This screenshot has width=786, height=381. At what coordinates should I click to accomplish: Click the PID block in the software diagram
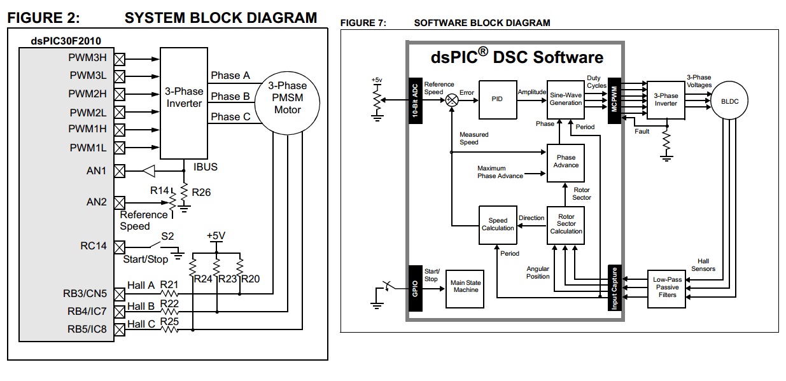pos(497,99)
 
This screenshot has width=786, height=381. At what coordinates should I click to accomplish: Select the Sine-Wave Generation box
pos(566,99)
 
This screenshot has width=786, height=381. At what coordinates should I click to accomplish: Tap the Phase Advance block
pos(566,162)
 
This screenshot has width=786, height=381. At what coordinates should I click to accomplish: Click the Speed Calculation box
pos(497,225)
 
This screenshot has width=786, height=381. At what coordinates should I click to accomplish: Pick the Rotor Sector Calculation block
pos(566,225)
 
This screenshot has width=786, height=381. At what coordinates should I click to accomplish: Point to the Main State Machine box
pos(465,286)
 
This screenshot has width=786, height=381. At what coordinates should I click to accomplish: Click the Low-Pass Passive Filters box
pos(666,287)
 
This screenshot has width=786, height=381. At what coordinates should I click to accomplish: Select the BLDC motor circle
pos(729,101)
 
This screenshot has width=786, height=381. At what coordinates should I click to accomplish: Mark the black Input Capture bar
pos(615,287)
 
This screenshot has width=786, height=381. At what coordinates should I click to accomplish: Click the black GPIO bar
pos(415,287)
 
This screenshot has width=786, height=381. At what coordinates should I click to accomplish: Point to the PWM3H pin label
pos(88,57)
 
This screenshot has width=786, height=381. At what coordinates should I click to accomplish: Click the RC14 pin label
pos(94,246)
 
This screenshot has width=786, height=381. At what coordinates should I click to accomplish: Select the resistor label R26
pos(200,192)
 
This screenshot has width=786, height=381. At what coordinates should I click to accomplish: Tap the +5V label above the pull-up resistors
pos(216,235)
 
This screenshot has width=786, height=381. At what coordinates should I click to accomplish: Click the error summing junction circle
pos(451,100)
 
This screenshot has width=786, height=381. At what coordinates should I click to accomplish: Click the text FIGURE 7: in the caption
pos(363,23)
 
